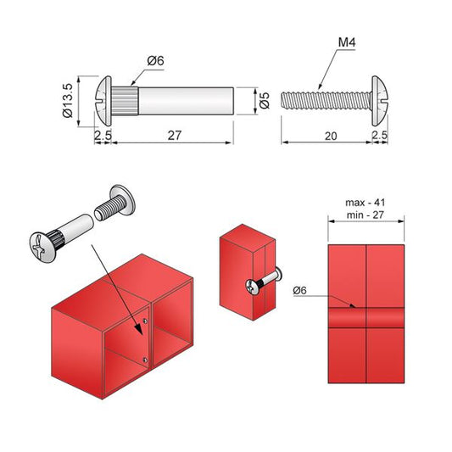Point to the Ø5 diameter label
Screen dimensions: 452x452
[264, 101]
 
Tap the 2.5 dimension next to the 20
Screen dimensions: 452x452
[380, 134]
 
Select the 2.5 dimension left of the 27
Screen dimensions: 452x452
[103, 134]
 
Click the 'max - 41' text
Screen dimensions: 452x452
[366, 203]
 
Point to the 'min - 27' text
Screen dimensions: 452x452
[366, 215]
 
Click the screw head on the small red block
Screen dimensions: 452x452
[252, 287]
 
